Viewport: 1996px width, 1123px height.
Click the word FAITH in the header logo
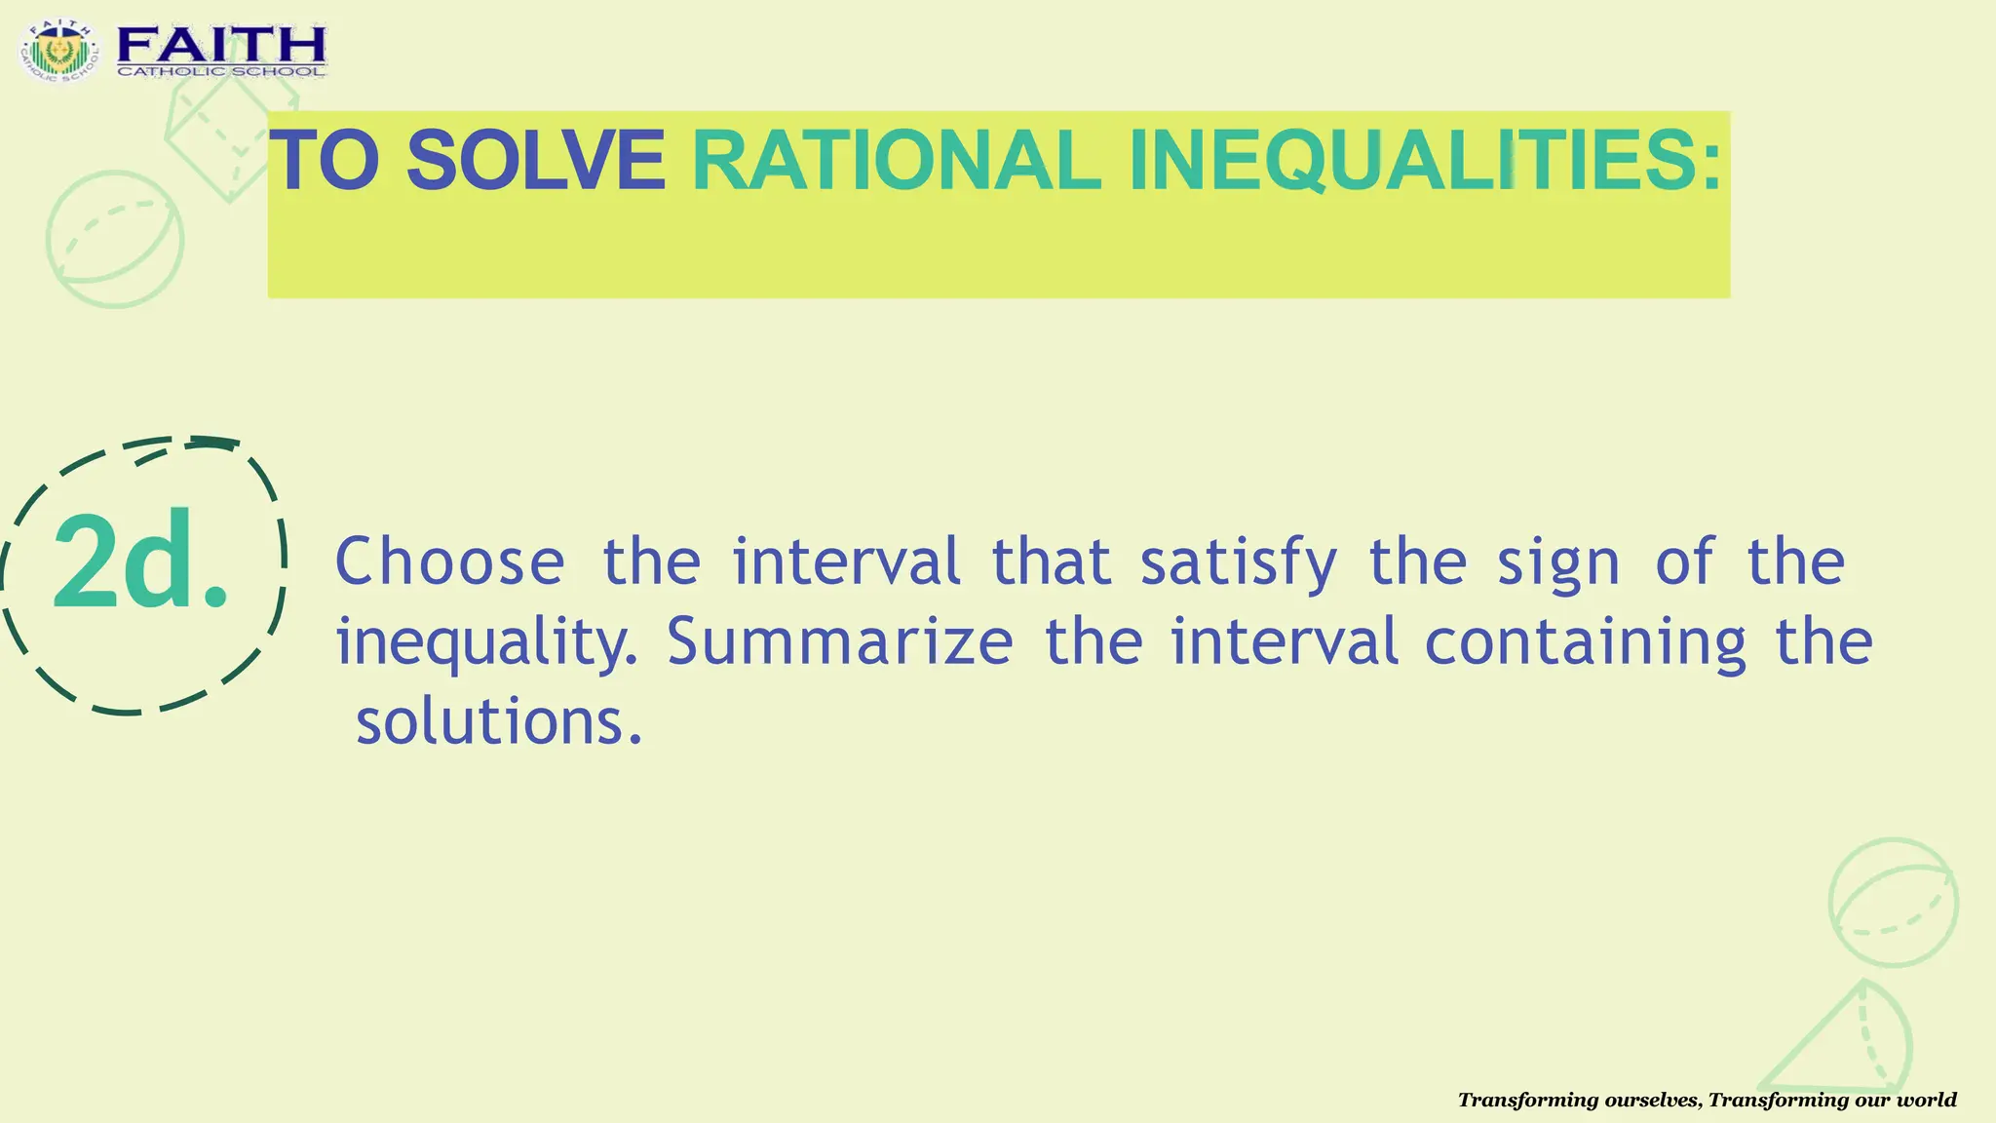(x=221, y=43)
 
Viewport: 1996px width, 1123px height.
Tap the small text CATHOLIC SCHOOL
(x=221, y=71)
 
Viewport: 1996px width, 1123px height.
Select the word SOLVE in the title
(x=535, y=161)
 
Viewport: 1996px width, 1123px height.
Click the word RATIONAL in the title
(x=896, y=161)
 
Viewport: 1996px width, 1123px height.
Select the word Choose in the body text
(x=449, y=562)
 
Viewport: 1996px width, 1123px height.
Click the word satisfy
(x=1239, y=562)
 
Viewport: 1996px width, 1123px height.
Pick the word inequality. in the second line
(x=486, y=643)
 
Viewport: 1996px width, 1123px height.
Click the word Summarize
(x=840, y=641)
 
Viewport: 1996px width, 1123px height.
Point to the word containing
(x=1586, y=643)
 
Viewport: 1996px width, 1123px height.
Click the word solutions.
(x=499, y=722)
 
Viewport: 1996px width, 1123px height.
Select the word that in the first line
(x=1051, y=562)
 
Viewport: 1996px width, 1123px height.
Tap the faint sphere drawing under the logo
(x=115, y=240)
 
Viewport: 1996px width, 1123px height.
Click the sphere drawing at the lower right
(x=1893, y=902)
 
